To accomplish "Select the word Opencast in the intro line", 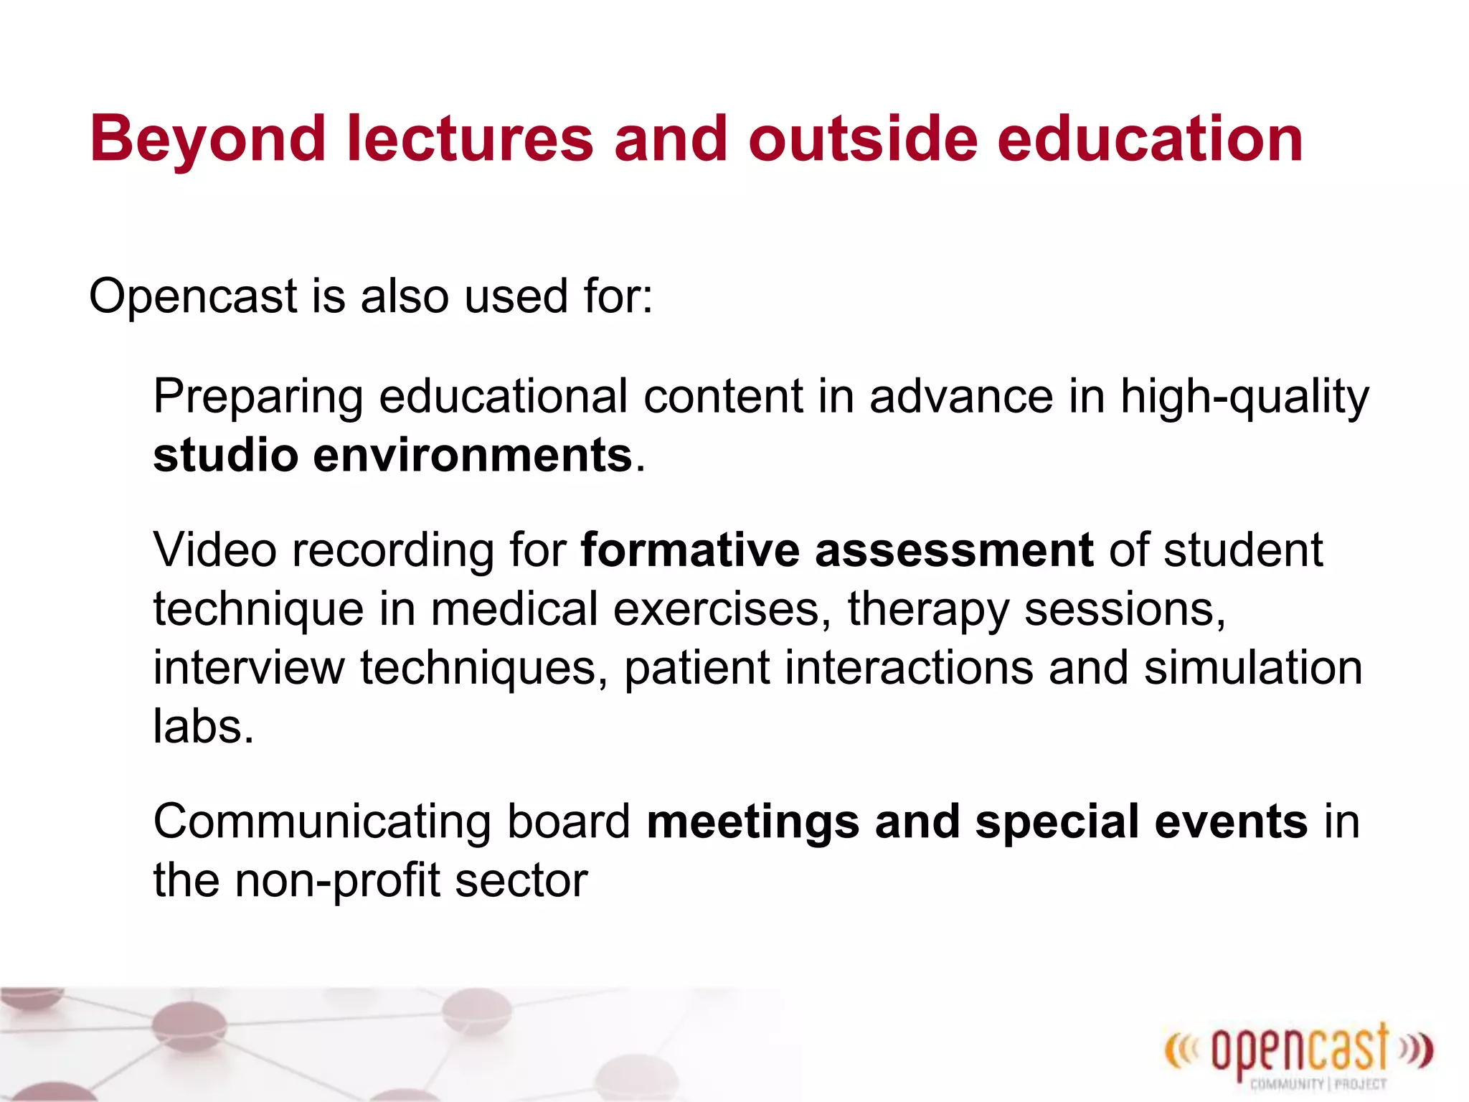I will (193, 296).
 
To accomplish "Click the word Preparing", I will (258, 397).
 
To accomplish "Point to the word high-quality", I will (1244, 397).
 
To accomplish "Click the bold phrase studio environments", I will (392, 456).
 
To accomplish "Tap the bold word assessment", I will (954, 550).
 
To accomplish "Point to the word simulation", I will (1252, 668).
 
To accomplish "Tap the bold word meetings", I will (752, 823).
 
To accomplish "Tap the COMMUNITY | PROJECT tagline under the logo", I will (1318, 1084).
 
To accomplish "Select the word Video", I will (215, 550).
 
